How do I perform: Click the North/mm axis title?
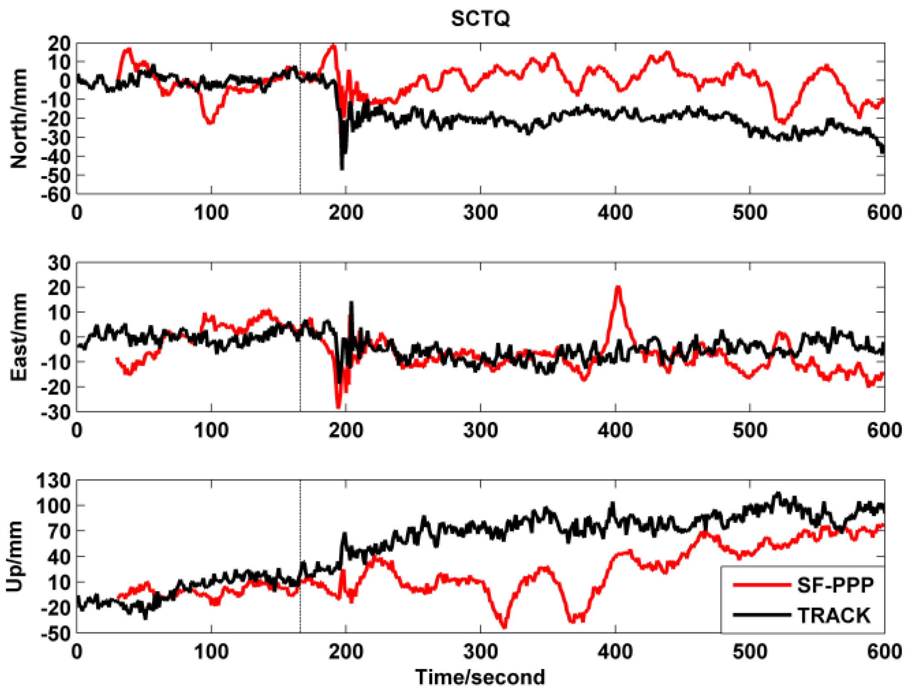tap(19, 119)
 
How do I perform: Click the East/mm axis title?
tap(19, 337)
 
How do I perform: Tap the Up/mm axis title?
tap(15, 556)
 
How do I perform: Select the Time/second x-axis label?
tap(480, 677)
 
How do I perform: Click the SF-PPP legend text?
tap(835, 585)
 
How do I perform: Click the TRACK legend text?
tap(834, 616)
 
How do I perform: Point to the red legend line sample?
tap(762, 585)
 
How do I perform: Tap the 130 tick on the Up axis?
tap(54, 481)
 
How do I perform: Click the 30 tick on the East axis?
tap(59, 263)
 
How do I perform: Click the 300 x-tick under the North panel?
tap(480, 213)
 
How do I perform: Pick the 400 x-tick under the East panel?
tap(615, 430)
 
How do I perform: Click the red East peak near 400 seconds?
tap(618, 287)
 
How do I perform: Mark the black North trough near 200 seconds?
tap(342, 169)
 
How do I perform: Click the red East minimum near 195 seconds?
tap(338, 407)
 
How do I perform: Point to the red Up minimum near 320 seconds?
tap(504, 627)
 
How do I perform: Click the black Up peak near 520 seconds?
tap(778, 493)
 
